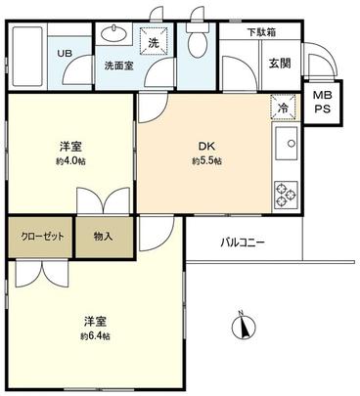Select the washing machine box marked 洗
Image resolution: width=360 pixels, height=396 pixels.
[155, 43]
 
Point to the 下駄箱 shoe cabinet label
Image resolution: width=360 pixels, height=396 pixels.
[259, 32]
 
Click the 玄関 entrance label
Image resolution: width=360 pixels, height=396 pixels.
[280, 64]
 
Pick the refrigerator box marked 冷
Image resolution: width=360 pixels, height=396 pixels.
[282, 109]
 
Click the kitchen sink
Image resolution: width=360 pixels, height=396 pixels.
[291, 147]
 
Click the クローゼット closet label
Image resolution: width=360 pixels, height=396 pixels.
[40, 237]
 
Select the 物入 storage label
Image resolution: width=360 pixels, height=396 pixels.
[104, 237]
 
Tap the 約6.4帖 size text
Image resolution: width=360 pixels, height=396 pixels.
[95, 335]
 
